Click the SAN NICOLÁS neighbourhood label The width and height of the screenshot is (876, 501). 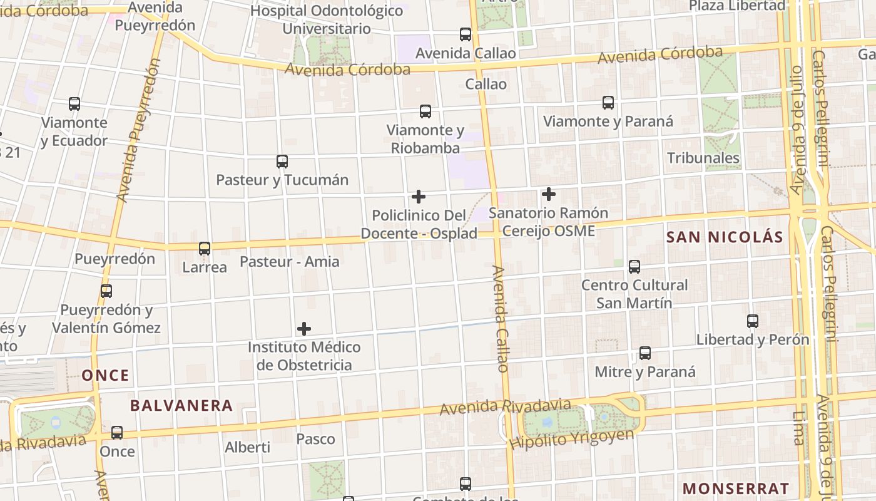[725, 237]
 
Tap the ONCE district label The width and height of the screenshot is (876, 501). [106, 376]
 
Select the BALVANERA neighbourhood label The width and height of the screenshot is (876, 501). [181, 406]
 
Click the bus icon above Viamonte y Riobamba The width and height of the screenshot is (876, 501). [425, 111]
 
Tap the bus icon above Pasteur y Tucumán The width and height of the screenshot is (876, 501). [282, 162]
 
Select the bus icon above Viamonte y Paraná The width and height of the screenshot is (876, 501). [608, 103]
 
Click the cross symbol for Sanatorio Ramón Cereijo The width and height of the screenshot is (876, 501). [549, 194]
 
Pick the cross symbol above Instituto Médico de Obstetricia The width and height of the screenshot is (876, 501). [304, 329]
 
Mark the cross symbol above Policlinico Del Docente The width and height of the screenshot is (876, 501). [419, 197]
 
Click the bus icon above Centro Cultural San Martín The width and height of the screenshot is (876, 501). [634, 267]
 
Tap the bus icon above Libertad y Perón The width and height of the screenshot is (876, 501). [753, 321]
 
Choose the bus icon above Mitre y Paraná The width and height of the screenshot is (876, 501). [645, 353]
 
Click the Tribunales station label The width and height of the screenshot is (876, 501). [703, 158]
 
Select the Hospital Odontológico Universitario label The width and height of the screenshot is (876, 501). [327, 19]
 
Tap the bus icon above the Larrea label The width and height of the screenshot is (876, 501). [205, 249]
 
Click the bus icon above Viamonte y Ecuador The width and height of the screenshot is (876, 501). [74, 104]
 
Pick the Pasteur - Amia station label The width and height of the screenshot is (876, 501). [290, 262]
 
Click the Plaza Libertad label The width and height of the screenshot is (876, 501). [737, 6]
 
